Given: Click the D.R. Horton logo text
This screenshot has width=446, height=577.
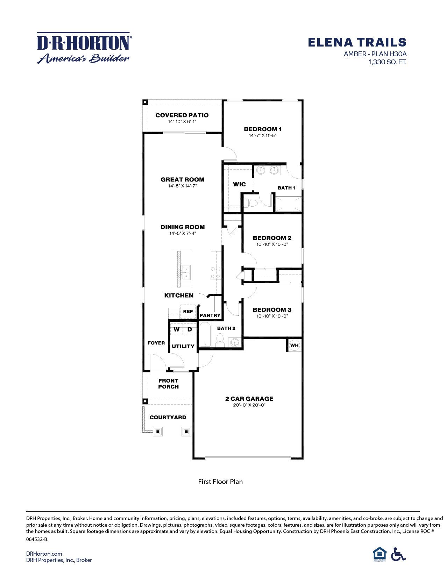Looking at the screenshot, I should pos(83,43).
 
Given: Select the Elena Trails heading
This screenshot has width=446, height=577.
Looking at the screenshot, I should pos(357,42).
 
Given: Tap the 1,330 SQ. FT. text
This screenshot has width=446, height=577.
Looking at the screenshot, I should pos(387,62).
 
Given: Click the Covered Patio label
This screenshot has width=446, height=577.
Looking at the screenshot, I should pos(182,115).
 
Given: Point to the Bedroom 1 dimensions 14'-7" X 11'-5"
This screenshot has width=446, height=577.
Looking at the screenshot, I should pos(263,136).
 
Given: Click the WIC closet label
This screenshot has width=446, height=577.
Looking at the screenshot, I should pos(239,184).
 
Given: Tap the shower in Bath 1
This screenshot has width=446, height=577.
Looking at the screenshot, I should pos(288,204).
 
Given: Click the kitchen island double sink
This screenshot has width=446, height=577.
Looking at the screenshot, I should pos(186,272).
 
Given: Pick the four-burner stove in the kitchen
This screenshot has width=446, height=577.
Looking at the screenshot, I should pos(215,272).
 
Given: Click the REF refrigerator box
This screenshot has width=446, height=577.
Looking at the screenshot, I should pos(188,311).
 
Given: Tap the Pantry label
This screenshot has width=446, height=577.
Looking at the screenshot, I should pos(210,315).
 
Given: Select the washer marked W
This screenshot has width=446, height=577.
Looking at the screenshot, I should pos(177,329).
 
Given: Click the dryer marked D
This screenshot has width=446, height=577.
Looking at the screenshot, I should pos(190,329).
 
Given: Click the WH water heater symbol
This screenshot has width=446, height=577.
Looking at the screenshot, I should pos(295,346).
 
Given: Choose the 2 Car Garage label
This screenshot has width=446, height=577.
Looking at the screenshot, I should pos(249,399).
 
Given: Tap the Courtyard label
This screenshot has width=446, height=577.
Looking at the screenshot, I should pos(168,417).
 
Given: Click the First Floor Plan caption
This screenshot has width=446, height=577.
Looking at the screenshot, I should pos(220,482).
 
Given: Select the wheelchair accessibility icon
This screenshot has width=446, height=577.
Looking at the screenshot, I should pos(398,554).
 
